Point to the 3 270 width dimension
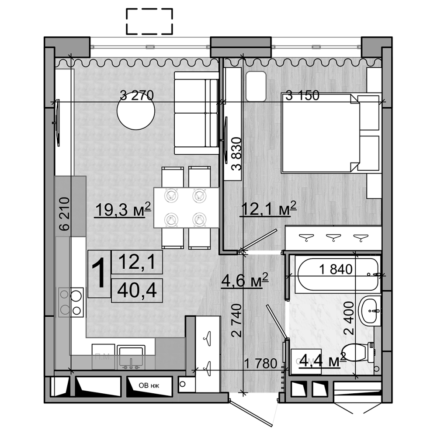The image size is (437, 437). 137,96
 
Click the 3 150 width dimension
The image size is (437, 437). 303,96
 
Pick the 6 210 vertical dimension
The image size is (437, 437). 64,214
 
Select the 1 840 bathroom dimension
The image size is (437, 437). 335,270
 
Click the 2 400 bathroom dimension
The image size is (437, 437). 348,318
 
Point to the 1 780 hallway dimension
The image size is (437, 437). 260,363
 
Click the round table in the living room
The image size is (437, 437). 136,111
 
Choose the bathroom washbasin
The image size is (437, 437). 371,311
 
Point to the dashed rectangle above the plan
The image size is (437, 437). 150,21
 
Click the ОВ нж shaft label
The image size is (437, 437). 148,385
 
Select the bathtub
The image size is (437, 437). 336,276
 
